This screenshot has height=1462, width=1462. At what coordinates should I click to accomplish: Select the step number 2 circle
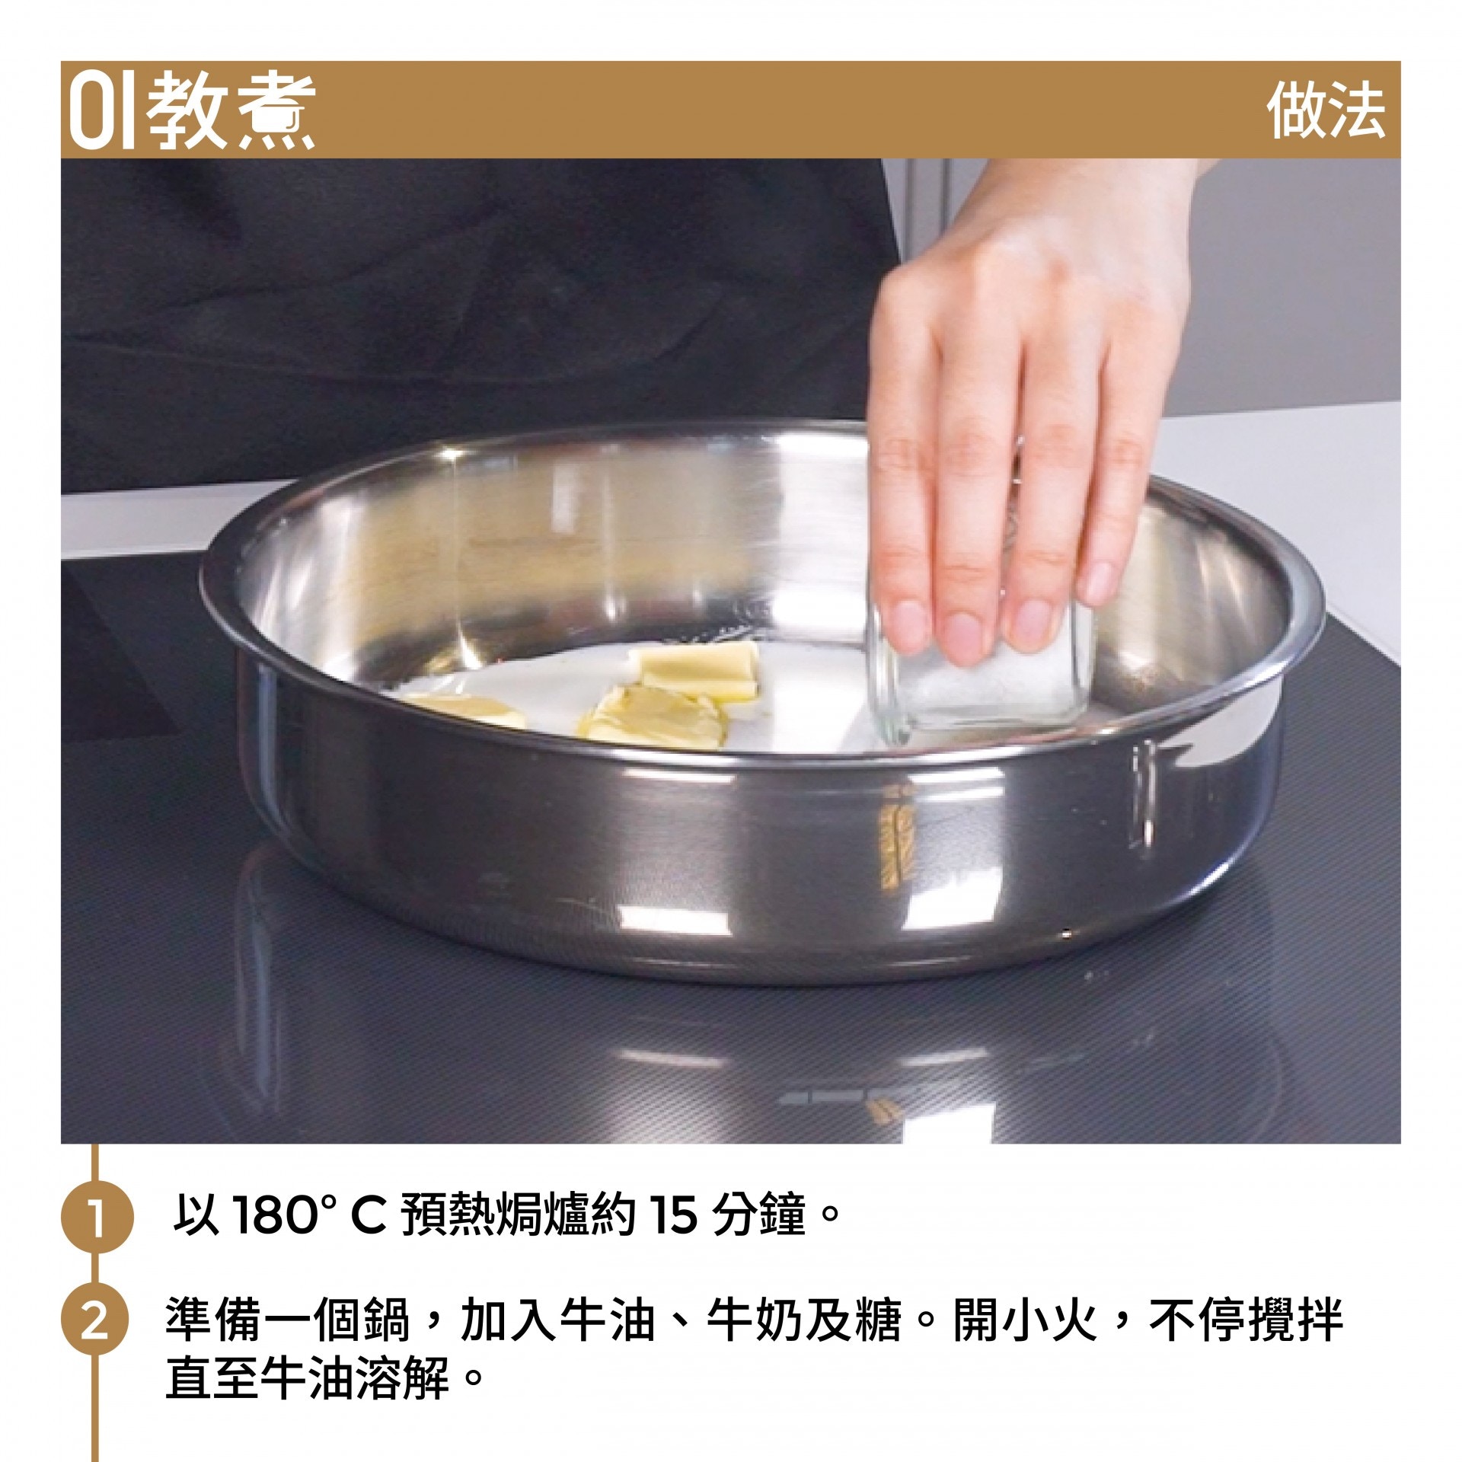[x=96, y=1323]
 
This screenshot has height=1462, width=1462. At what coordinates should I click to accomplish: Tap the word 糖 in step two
[x=877, y=1319]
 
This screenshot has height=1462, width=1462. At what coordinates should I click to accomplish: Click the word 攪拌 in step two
[x=1294, y=1319]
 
